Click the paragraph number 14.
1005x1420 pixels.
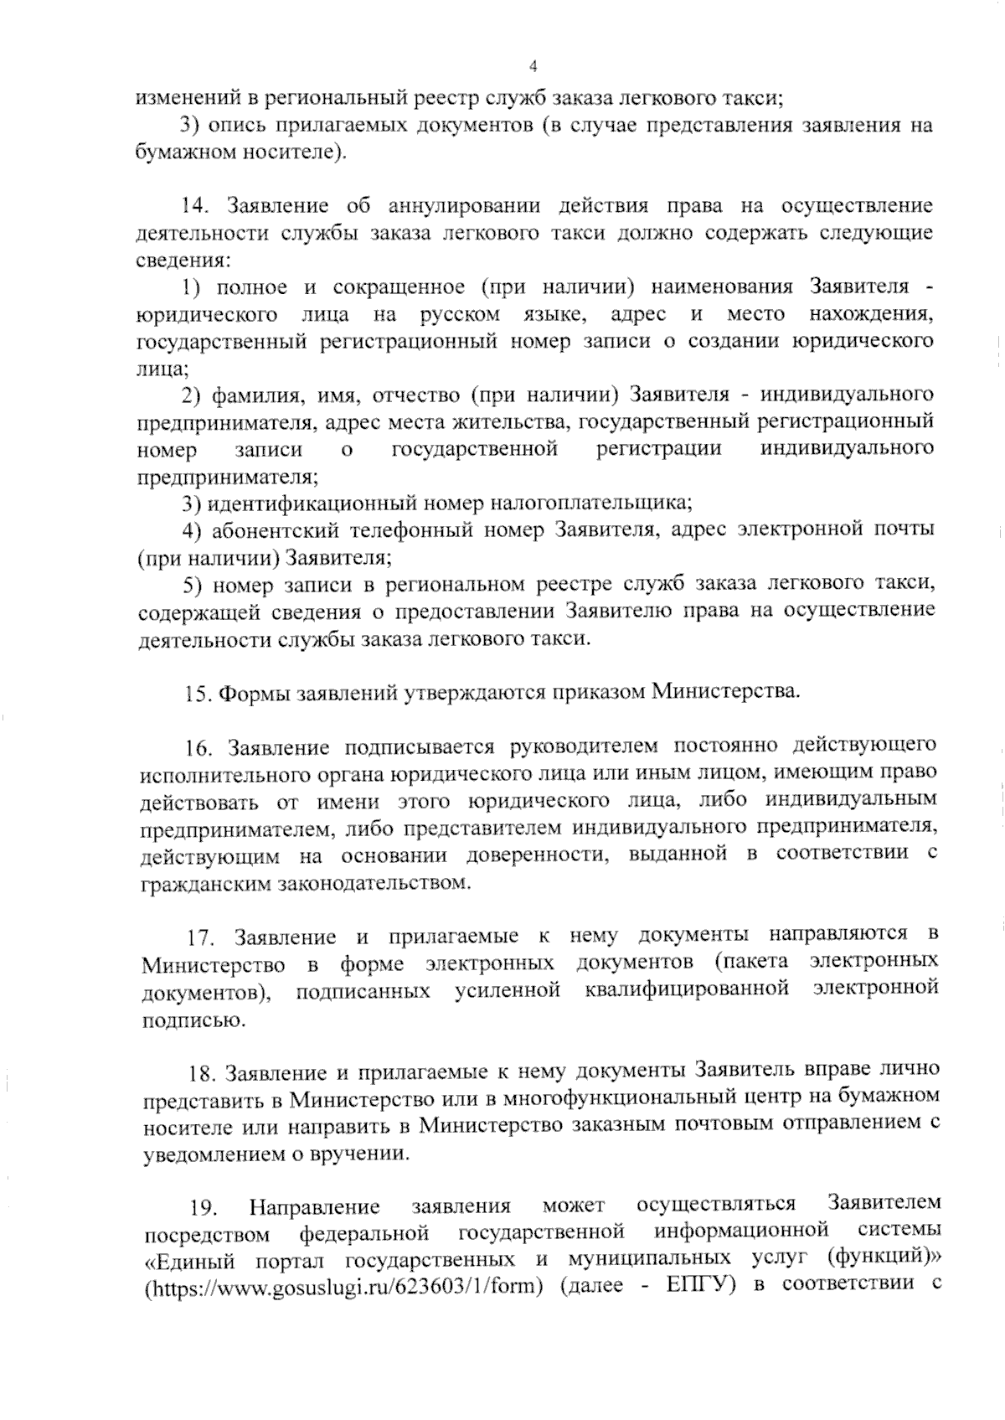195,206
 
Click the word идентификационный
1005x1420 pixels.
311,503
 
